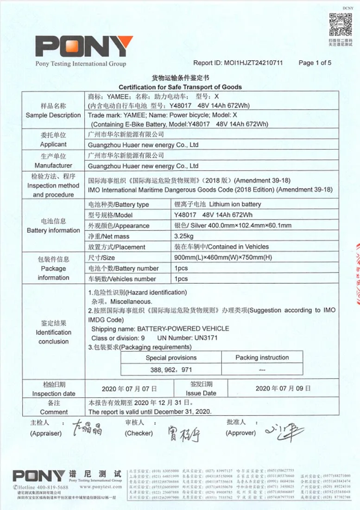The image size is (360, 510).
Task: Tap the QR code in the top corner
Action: (x=341, y=24)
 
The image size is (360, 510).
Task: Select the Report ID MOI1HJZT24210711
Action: (x=253, y=63)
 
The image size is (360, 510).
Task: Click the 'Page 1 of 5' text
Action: (x=315, y=63)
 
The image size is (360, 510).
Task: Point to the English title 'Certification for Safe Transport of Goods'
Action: (x=180, y=87)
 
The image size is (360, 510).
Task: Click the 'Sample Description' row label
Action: (x=53, y=115)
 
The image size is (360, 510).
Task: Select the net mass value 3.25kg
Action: (x=184, y=236)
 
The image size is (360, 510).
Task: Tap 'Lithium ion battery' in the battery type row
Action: (x=235, y=204)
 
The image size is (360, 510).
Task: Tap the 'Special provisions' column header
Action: (x=171, y=357)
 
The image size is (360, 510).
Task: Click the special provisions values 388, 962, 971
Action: (x=171, y=370)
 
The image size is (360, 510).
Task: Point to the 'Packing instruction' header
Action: (x=262, y=357)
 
